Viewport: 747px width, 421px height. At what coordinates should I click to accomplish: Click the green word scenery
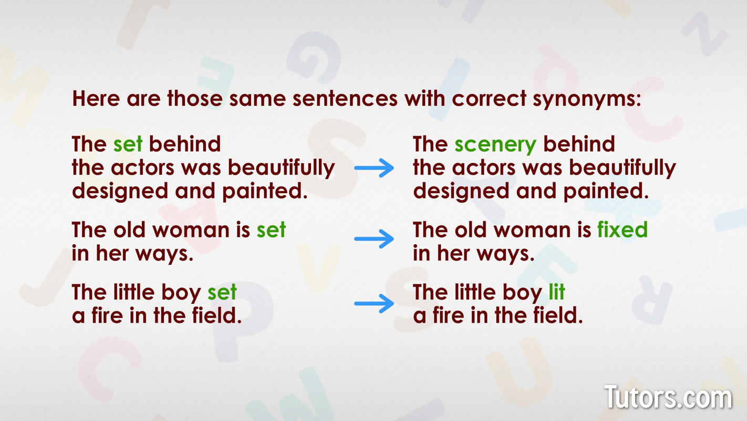tap(495, 145)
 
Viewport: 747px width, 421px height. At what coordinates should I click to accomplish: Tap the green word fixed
tap(622, 230)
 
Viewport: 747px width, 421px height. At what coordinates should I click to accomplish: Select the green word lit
tap(556, 292)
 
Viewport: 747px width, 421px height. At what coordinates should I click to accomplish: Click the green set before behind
tap(128, 145)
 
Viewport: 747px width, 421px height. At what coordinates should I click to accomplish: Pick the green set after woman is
tap(271, 230)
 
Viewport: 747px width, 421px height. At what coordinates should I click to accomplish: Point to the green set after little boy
tap(222, 292)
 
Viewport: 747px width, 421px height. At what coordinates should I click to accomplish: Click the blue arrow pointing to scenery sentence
tap(374, 168)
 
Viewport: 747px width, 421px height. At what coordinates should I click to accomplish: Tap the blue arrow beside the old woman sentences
tap(374, 239)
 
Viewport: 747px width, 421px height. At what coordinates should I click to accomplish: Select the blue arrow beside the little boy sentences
tap(374, 303)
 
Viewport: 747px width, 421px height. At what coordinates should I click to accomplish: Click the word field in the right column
tap(556, 316)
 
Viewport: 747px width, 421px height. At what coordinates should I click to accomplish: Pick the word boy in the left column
tap(183, 292)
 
